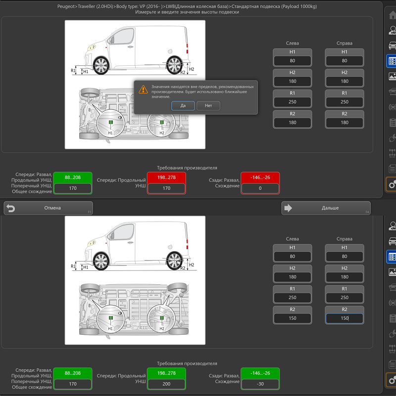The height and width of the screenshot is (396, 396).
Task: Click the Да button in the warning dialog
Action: click(183, 106)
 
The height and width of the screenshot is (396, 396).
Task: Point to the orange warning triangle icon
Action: click(143, 89)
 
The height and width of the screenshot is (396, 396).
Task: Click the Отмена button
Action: click(48, 208)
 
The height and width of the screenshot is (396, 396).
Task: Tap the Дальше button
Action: click(326, 208)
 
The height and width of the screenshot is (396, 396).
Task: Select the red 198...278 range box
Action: click(166, 177)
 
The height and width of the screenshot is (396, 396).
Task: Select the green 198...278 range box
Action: click(166, 373)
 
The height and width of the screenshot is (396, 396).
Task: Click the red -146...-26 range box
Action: click(260, 177)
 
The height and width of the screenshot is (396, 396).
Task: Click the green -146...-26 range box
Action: click(260, 373)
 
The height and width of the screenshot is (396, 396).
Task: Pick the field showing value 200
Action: click(166, 384)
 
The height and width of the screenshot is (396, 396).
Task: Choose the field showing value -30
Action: click(260, 384)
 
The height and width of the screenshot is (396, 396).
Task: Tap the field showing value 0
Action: click(260, 188)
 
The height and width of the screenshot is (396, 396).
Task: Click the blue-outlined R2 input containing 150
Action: click(345, 318)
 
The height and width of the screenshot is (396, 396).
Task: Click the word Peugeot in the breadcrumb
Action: click(66, 6)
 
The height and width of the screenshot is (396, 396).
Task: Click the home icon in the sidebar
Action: click(392, 15)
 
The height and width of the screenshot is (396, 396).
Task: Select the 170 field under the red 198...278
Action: click(166, 188)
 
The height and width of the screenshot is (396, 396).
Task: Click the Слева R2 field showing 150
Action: click(293, 318)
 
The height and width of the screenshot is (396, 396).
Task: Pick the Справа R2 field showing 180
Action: click(345, 123)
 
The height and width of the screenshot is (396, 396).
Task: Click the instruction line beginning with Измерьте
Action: click(187, 12)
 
